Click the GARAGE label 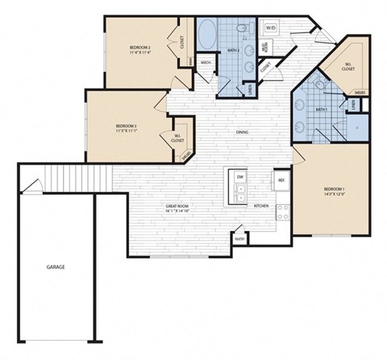tap(55, 266)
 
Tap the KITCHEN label tap(262, 206)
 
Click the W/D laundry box tap(271, 28)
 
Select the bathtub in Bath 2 tap(206, 36)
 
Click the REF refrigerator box tap(281, 179)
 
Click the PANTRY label tap(239, 238)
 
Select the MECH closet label tap(206, 63)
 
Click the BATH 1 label tap(320, 110)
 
